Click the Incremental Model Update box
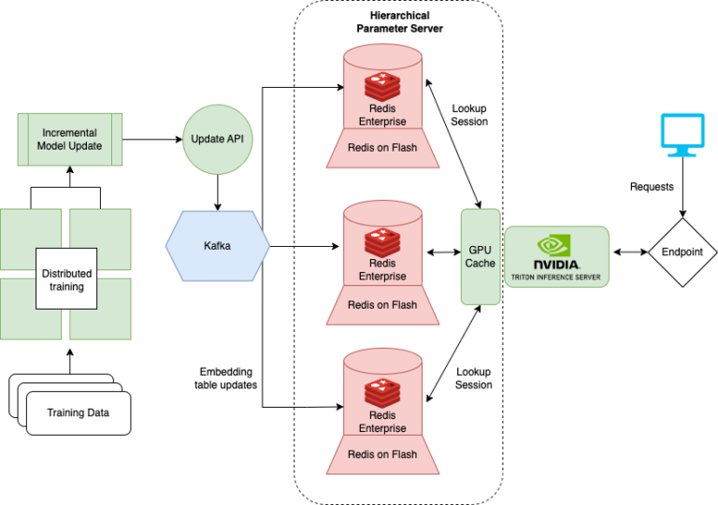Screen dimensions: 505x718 coord(70,139)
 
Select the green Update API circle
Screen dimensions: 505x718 coord(216,139)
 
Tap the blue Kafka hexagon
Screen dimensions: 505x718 coord(218,246)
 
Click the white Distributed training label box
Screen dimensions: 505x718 coord(66,280)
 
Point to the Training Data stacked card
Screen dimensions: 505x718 coord(78,412)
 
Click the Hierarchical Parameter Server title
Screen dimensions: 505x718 coord(399,22)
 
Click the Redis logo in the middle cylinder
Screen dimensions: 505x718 coord(382,243)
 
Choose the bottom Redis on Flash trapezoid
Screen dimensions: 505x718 coord(382,454)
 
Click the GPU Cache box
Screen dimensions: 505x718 coord(481,256)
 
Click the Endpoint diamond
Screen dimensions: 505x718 coord(682,252)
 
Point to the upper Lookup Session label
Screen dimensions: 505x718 coord(469,114)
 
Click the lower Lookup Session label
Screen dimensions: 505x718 coord(473,378)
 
